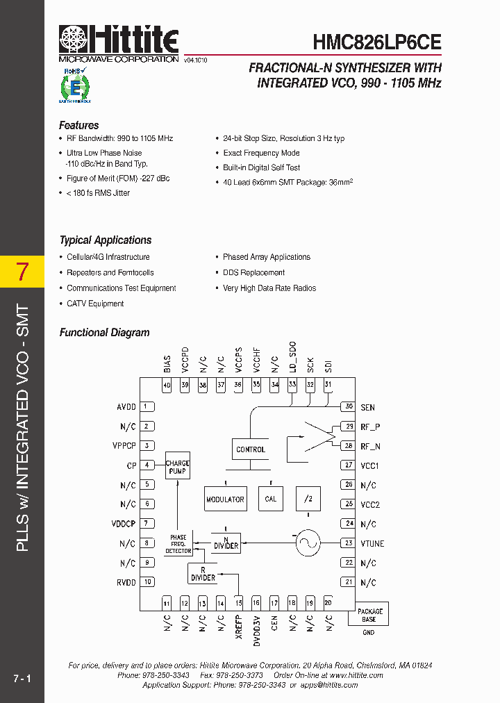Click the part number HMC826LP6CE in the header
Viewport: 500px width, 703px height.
pyautogui.click(x=377, y=42)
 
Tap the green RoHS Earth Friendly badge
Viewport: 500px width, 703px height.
pyautogui.click(x=72, y=85)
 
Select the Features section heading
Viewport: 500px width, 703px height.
pyautogui.click(x=78, y=126)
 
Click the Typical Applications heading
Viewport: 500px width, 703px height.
pyautogui.click(x=105, y=240)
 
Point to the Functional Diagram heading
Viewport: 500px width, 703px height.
pyautogui.click(x=104, y=333)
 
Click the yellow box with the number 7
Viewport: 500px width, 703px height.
pyautogui.click(x=22, y=272)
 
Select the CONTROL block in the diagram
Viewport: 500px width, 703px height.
pyautogui.click(x=251, y=449)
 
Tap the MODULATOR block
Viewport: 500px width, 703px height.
pyautogui.click(x=225, y=499)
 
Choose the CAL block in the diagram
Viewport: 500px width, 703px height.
pyautogui.click(x=271, y=499)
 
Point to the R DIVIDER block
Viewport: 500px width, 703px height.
pyautogui.click(x=203, y=573)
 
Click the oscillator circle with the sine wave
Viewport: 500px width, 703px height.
pyautogui.click(x=306, y=543)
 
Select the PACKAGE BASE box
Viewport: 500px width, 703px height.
pyautogui.click(x=369, y=615)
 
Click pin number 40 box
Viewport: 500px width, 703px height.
pyautogui.click(x=167, y=386)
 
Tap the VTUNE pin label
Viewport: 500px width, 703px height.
pyautogui.click(x=372, y=543)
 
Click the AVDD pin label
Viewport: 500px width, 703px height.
pyautogui.click(x=126, y=407)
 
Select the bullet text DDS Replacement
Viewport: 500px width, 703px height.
pyautogui.click(x=253, y=273)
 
